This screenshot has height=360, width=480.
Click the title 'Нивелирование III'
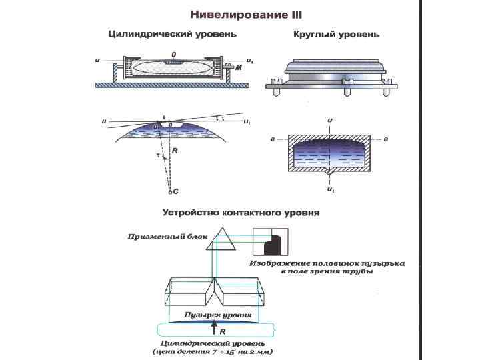(246, 13)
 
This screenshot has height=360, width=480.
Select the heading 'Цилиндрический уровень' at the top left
(173, 33)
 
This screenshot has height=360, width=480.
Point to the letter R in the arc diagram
(175, 152)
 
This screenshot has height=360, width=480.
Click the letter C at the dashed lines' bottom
(175, 191)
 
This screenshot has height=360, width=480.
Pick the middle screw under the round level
(347, 92)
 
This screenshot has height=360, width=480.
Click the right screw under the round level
(385, 92)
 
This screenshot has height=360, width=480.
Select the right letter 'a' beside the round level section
(387, 139)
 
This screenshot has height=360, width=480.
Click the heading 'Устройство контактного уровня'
(241, 213)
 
